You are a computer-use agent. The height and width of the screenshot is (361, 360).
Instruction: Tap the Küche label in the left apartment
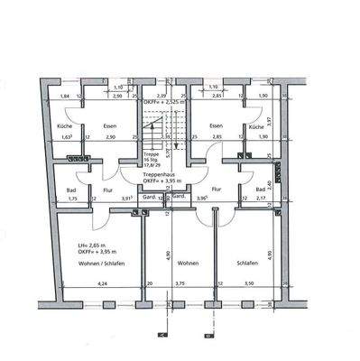pyautogui.click(x=63, y=127)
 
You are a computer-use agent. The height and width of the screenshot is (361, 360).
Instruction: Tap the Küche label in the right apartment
pyautogui.click(x=255, y=127)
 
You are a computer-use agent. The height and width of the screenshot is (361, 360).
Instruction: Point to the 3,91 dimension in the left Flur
pyautogui.click(x=127, y=198)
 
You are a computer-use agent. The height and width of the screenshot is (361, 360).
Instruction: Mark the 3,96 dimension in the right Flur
pyautogui.click(x=203, y=198)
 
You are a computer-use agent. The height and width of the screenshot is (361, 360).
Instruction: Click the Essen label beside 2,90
pyautogui.click(x=109, y=127)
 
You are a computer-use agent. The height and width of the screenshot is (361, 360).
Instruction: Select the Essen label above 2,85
pyautogui.click(x=216, y=127)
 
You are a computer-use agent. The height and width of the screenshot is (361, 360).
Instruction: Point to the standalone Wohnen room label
pyautogui.click(x=188, y=264)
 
